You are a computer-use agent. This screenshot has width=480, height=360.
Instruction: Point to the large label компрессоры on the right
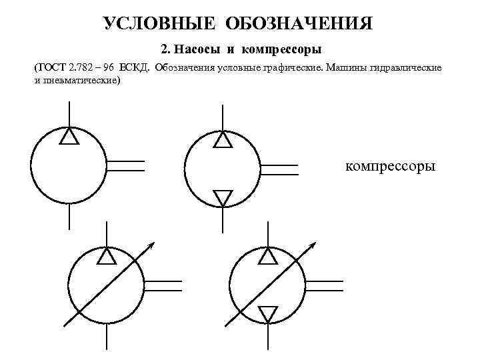[391, 165]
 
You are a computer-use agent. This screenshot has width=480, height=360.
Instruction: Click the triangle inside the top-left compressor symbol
[69, 137]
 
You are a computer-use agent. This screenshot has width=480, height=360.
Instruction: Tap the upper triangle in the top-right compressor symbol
[222, 140]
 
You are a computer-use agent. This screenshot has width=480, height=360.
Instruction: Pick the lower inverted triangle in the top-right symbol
[222, 197]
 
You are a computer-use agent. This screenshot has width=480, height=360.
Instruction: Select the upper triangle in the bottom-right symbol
[267, 256]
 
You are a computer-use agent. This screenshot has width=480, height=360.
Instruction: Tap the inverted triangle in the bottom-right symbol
[267, 313]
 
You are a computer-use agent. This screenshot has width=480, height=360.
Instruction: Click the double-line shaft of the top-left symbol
[125, 166]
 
